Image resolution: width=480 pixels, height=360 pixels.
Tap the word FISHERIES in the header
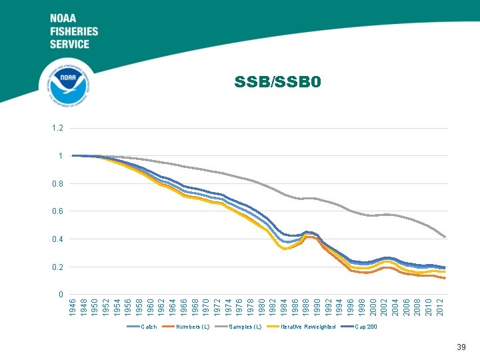coord(73,31)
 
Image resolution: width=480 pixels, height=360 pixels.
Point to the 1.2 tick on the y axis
coord(59,128)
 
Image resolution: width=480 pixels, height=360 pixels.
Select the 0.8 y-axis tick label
coord(59,183)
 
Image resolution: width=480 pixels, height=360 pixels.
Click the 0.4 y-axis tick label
coord(59,239)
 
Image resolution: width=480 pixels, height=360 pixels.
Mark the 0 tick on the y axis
coord(61,295)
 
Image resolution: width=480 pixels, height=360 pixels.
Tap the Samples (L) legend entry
coord(244,327)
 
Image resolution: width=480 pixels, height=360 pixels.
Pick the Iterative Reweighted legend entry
coord(307,327)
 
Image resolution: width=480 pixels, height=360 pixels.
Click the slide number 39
coord(461,347)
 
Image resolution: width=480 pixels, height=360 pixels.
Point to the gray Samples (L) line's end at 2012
coord(445,237)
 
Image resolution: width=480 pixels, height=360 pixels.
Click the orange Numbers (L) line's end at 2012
coord(445,278)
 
